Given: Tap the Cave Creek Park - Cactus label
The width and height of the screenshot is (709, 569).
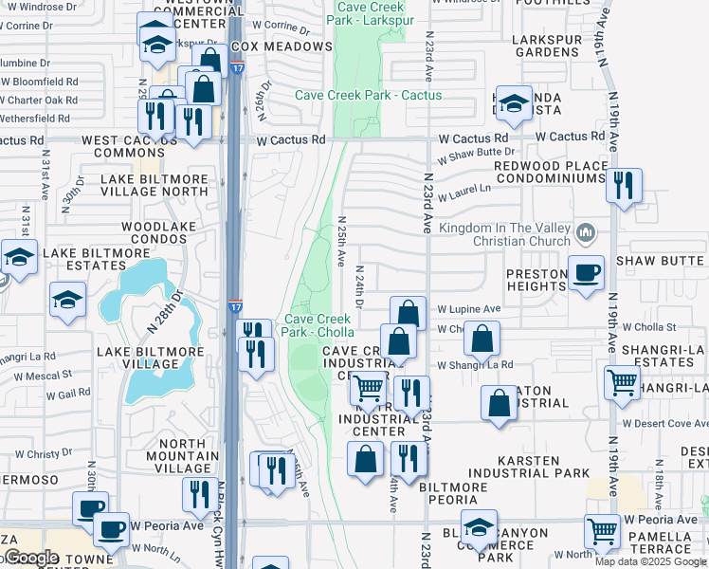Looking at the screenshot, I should pos(368,95).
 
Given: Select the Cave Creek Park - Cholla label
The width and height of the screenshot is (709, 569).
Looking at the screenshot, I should pos(318,325).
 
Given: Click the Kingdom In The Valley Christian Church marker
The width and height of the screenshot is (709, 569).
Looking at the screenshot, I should pos(587,231).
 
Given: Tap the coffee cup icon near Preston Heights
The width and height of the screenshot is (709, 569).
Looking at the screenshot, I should pos(586,273).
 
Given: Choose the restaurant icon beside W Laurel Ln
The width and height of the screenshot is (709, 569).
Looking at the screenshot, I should pos(624,187).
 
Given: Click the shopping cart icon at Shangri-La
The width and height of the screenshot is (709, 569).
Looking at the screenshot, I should pos(623,383).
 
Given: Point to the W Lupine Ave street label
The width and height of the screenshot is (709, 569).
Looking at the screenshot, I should pos(468,309).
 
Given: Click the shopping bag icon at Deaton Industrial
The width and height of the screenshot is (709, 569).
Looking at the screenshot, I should pos(499,403).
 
